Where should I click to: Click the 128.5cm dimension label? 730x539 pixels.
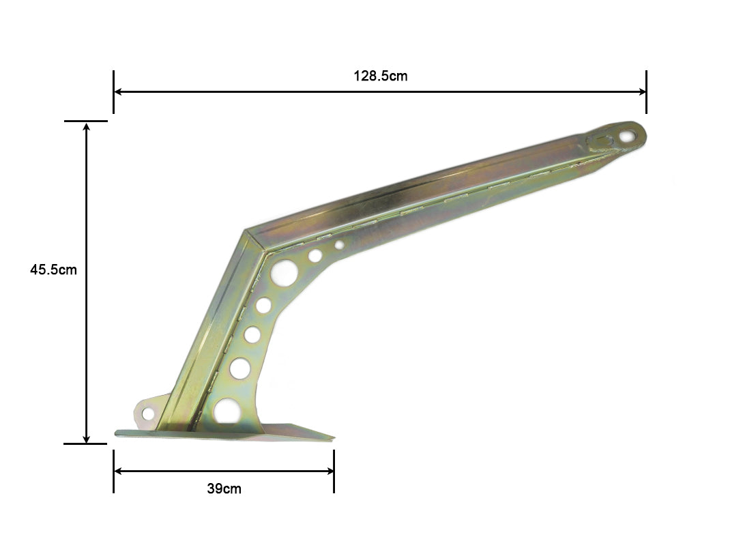click(x=380, y=76)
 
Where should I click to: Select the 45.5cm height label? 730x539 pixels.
click(x=53, y=269)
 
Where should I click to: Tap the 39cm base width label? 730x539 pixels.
click(x=224, y=489)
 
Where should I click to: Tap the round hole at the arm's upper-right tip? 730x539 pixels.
click(x=626, y=136)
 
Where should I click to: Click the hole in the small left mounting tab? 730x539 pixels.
click(x=148, y=413)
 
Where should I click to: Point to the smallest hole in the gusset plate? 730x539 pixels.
click(x=339, y=244)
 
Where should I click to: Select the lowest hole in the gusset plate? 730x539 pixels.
click(x=227, y=411)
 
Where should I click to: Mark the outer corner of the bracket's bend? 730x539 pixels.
click(x=244, y=231)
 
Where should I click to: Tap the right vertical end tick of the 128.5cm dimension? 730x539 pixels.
click(x=646, y=91)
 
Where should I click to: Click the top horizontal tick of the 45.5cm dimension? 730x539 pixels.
click(x=86, y=121)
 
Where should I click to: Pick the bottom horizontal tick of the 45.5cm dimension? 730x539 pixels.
click(x=86, y=444)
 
